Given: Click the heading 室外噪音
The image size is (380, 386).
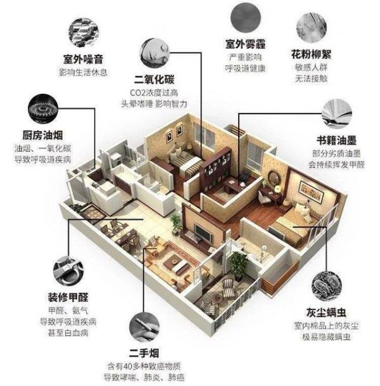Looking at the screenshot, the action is pyautogui.click(x=83, y=59).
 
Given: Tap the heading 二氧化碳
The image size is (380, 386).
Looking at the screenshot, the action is pyautogui.click(x=154, y=79).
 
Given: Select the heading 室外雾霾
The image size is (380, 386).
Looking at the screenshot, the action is pyautogui.click(x=245, y=44).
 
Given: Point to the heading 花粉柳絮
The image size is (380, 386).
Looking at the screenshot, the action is pyautogui.click(x=311, y=54).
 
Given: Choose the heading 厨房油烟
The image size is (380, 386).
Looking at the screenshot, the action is pyautogui.click(x=43, y=135).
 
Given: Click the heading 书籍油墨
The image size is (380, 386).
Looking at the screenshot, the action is pyautogui.click(x=336, y=140).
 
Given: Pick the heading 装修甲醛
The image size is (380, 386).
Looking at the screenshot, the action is pyautogui.click(x=68, y=297).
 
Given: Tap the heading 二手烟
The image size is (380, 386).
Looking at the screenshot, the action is pyautogui.click(x=144, y=353).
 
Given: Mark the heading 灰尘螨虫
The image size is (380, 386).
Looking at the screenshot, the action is pyautogui.click(x=326, y=312).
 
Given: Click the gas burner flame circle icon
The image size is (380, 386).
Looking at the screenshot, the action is pyautogui.click(x=43, y=108).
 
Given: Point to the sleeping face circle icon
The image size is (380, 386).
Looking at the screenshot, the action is pyautogui.click(x=155, y=53).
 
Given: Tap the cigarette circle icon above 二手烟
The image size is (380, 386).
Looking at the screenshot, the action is pyautogui.click(x=144, y=327).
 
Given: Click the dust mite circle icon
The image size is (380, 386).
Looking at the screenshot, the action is pyautogui.click(x=326, y=286).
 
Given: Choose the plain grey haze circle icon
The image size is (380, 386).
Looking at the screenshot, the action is pyautogui.click(x=246, y=18).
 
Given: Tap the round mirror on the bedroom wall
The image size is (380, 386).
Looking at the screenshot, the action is pyautogui.click(x=273, y=178).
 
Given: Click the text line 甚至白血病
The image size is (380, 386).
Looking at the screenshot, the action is pyautogui.click(x=68, y=333).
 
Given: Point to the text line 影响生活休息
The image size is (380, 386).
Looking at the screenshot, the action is pyautogui.click(x=83, y=72).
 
